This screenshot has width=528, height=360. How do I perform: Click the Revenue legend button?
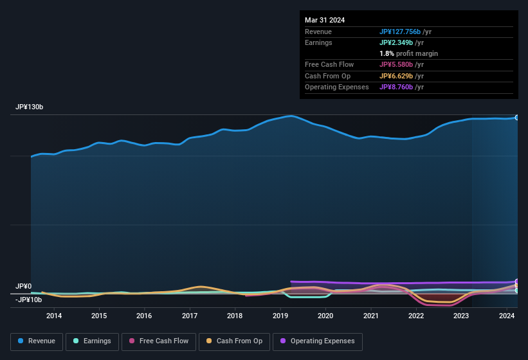pos(37,341)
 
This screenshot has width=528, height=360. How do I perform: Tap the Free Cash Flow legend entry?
pos(159,341)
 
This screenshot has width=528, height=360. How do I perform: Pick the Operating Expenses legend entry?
pos(317,341)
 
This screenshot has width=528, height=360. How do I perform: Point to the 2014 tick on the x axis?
pos(54,316)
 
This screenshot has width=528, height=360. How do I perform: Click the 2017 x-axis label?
pos(190,316)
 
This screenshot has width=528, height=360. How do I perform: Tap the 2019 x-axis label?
pos(280,316)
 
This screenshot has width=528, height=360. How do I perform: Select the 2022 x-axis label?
pos(416,316)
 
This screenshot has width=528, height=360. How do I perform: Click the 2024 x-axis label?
pos(507,316)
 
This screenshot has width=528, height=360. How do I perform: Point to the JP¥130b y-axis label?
pos(29,107)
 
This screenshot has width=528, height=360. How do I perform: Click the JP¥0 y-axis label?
pos(24,287)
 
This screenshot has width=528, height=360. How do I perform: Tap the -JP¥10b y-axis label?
pos(28,300)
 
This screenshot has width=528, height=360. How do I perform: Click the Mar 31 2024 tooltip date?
pos(325,20)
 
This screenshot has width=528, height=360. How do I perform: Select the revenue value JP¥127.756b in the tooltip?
pos(400,32)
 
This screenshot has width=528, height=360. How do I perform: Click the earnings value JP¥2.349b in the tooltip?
pos(397,42)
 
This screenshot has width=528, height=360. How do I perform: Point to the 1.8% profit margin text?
pos(409,53)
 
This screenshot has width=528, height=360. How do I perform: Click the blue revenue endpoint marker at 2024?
pos(516,118)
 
